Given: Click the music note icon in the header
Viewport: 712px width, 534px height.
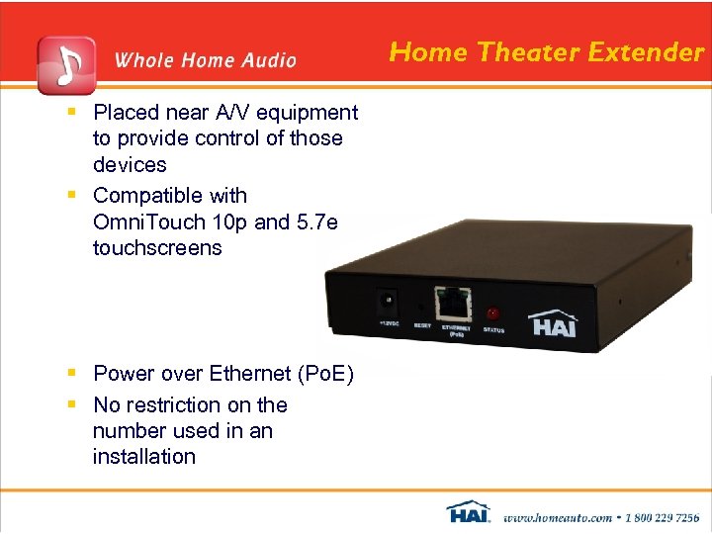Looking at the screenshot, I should pyautogui.click(x=66, y=63).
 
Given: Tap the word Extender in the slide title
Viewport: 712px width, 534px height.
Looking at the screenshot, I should pyautogui.click(x=651, y=51).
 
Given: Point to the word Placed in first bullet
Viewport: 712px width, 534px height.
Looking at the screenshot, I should pyautogui.click(x=127, y=113).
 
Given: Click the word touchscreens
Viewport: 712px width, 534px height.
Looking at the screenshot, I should pyautogui.click(x=157, y=247).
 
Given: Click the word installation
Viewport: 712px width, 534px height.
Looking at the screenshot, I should pyautogui.click(x=144, y=456).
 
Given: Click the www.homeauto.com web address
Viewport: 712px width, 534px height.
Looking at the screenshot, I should pyautogui.click(x=556, y=516).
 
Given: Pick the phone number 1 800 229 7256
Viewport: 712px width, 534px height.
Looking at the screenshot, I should pyautogui.click(x=660, y=516).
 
